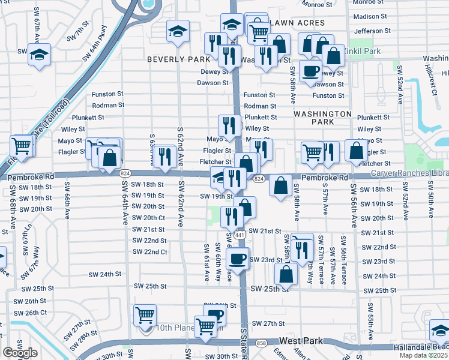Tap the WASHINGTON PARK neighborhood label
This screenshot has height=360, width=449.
pyautogui.click(x=322, y=118)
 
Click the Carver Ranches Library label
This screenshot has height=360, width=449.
pyautogui.click(x=409, y=173)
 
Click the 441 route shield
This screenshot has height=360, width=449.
pyautogui.click(x=240, y=236)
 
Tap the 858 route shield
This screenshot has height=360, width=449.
pyautogui.click(x=261, y=343)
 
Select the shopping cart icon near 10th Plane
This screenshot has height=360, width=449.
pyautogui.click(x=144, y=314)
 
